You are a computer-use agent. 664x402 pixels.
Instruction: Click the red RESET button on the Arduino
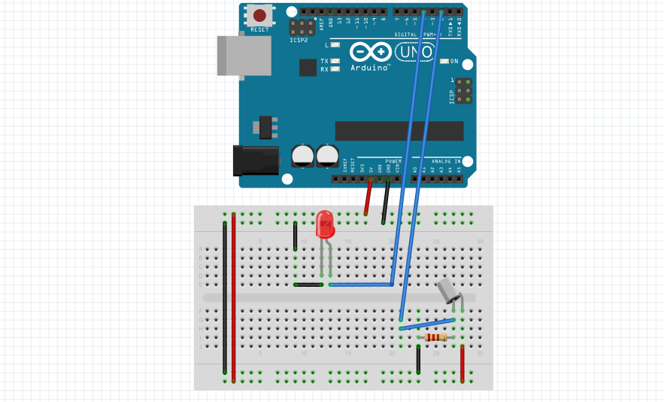pyautogui.click(x=260, y=15)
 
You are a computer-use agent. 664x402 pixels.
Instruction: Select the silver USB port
pyautogui.click(x=243, y=55)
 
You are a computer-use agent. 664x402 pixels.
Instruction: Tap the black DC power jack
pyautogui.click(x=256, y=161)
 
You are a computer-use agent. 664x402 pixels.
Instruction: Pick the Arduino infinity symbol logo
pyautogui.click(x=370, y=52)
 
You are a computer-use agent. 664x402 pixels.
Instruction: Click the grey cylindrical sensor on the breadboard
pyautogui.click(x=448, y=289)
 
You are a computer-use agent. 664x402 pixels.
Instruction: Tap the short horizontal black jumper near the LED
pyautogui.click(x=308, y=285)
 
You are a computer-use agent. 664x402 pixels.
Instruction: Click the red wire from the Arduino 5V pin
pyautogui.click(x=368, y=199)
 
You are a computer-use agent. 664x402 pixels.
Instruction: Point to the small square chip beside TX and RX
pyautogui.click(x=308, y=68)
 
